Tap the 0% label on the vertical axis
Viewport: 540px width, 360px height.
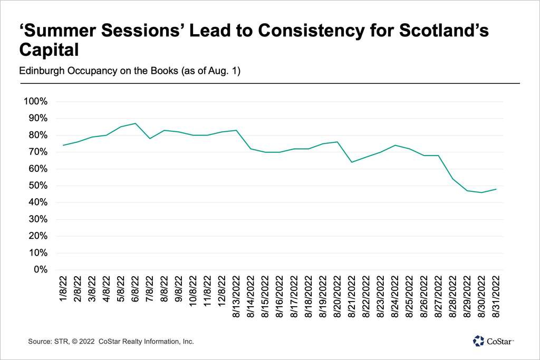(41, 270)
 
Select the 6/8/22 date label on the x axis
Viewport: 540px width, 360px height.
(136, 288)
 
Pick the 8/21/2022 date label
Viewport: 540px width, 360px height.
(352, 297)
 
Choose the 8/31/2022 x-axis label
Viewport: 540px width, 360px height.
(496, 297)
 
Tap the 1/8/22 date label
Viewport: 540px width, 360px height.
(64, 288)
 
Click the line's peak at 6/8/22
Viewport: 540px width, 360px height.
(136, 123)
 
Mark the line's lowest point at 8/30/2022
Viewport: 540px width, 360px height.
(481, 192)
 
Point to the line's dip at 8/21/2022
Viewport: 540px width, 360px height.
(352, 162)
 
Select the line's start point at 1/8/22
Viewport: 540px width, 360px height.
(64, 145)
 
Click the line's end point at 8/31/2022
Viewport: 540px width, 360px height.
(496, 189)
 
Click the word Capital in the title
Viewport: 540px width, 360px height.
(49, 51)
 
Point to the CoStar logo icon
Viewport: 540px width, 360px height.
(478, 341)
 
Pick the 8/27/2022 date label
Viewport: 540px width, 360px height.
(438, 297)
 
